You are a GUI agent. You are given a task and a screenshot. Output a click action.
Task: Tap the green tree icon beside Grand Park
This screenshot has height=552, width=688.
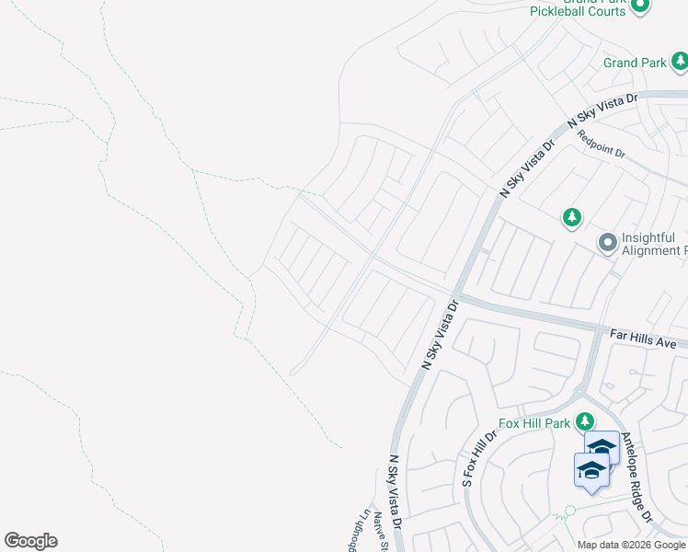680,62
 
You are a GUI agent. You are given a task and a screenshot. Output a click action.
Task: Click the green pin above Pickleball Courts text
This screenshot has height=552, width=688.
641,5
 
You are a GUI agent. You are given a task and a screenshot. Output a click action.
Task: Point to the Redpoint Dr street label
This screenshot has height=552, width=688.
602,144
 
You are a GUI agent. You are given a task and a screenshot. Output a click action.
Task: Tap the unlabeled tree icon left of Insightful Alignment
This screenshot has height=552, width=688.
572,217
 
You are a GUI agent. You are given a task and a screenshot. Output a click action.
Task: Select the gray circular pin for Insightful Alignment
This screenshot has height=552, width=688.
607,243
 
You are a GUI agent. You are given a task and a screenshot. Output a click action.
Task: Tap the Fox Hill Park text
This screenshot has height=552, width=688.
534,423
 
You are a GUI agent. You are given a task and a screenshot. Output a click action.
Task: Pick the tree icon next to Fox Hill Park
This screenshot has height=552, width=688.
584,422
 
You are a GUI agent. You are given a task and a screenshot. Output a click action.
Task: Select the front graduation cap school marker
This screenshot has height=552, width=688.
591,471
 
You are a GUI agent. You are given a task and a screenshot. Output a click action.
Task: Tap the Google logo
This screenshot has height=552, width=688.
30,541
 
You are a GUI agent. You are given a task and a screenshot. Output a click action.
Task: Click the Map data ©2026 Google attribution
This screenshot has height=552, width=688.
632,546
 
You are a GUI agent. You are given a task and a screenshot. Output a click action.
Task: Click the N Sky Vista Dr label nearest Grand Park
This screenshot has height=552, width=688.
602,109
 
